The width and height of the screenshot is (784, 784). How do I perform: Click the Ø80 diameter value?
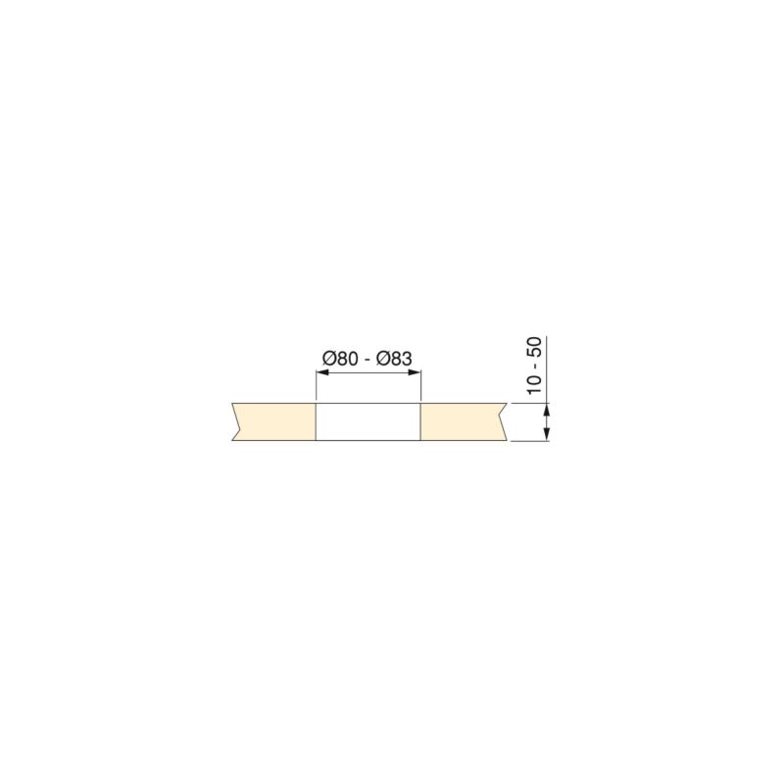(340, 359)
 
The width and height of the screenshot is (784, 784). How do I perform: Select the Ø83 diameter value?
(394, 359)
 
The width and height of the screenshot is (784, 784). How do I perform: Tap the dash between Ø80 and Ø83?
(367, 361)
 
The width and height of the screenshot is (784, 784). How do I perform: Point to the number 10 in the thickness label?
(534, 384)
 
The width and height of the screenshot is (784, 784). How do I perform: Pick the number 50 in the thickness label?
(534, 347)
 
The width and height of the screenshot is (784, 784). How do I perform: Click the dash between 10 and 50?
(536, 366)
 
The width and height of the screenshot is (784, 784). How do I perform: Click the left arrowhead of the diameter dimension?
(322, 372)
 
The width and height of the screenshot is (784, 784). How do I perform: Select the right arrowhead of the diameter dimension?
(414, 372)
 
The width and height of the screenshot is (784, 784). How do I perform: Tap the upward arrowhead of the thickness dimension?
(547, 410)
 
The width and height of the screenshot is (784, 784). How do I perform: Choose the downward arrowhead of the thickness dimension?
(547, 434)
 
